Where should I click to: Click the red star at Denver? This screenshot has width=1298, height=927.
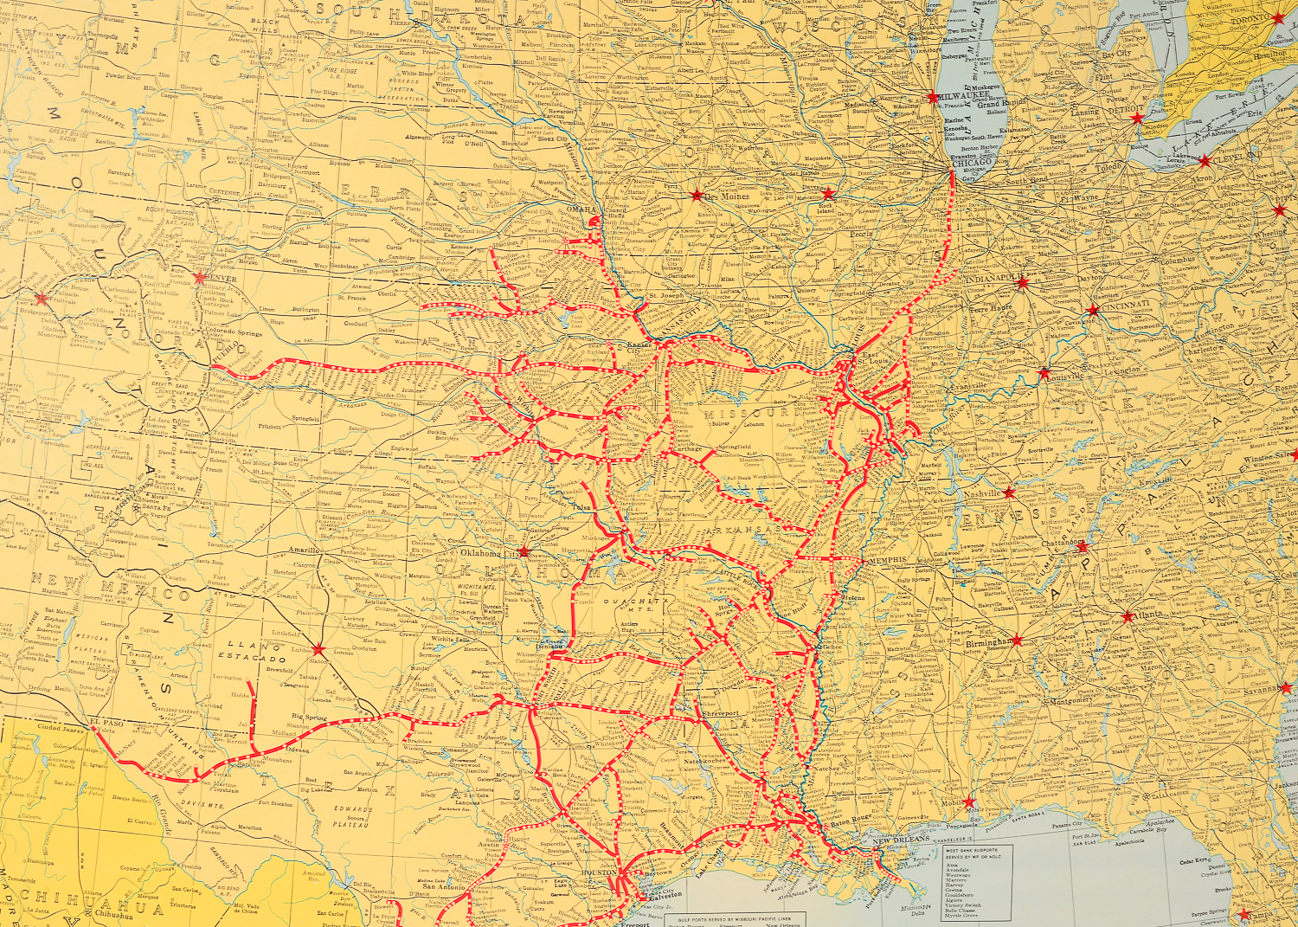click(x=201, y=278)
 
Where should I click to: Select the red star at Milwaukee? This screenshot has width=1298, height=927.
click(x=932, y=97)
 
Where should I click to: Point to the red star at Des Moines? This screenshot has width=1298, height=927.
click(x=697, y=196)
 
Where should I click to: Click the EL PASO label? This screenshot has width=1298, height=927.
click(x=107, y=721)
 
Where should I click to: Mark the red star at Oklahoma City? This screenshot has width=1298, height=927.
click(x=524, y=551)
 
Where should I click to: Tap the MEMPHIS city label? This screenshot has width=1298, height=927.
click(x=887, y=560)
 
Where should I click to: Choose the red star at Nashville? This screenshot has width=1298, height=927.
click(x=1009, y=492)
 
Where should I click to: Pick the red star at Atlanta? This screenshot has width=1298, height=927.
click(x=1128, y=616)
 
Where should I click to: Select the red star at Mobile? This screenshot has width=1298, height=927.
click(x=971, y=802)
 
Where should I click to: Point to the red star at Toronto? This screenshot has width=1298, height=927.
click(x=1278, y=18)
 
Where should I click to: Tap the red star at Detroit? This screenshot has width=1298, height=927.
click(x=1137, y=118)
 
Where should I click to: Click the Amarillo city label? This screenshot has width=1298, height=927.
click(x=304, y=550)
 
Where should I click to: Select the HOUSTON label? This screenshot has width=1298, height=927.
click(x=598, y=873)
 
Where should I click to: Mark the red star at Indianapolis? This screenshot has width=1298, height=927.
click(x=1022, y=282)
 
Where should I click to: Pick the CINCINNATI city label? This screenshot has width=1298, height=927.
click(x=1126, y=305)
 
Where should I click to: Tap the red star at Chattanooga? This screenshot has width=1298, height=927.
click(x=1082, y=547)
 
